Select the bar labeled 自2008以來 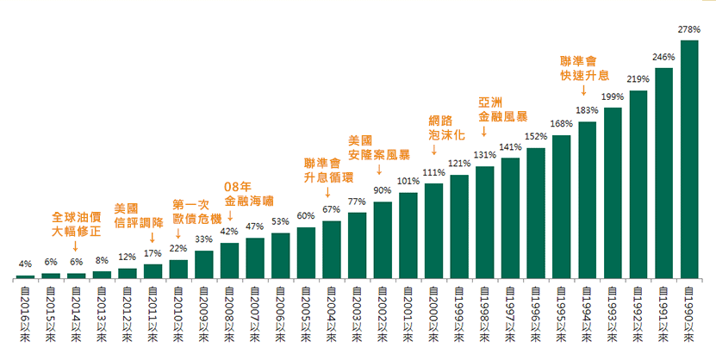[x=229, y=260]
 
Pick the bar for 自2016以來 [x=26, y=276]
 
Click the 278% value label [x=689, y=30]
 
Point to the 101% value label [x=408, y=181]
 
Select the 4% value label [x=26, y=264]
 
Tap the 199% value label [x=613, y=96]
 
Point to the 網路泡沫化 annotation [x=446, y=127]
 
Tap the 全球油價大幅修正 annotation [x=77, y=223]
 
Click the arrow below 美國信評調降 [x=153, y=237]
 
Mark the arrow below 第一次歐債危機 [x=178, y=232]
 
